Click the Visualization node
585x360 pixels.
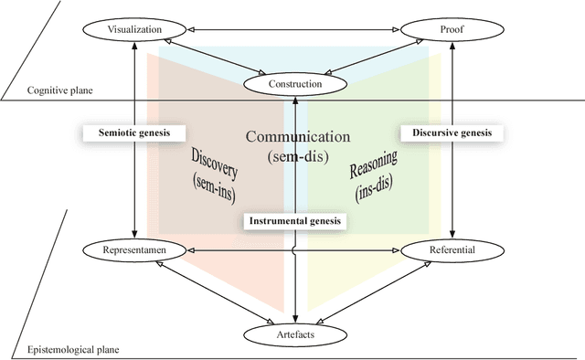click(135, 29)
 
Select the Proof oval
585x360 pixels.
click(454, 29)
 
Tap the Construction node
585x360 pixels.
click(294, 84)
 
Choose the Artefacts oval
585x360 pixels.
click(294, 334)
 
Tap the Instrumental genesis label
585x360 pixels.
click(294, 220)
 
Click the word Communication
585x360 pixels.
click(298, 137)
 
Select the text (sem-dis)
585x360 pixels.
click(298, 156)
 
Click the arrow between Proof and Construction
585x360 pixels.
click(379, 58)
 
